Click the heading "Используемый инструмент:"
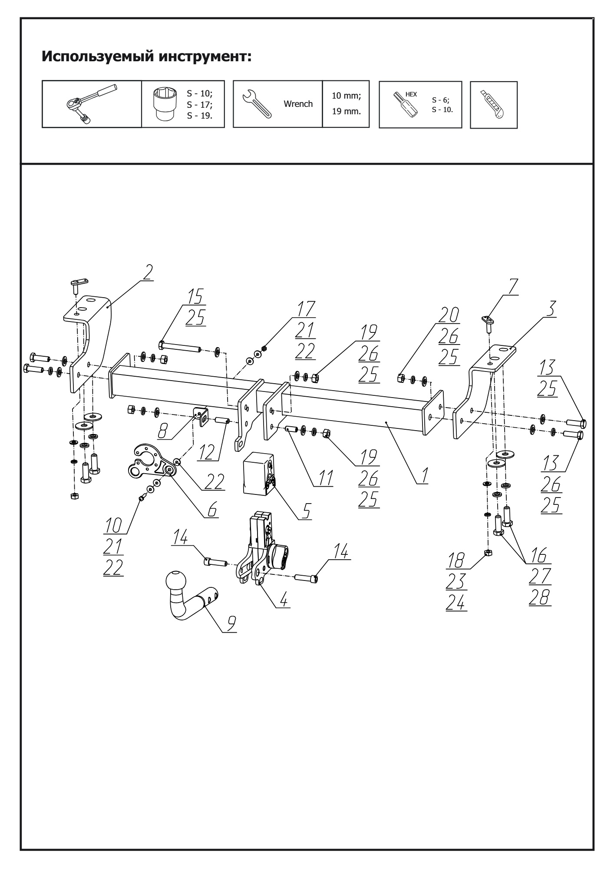click(146, 57)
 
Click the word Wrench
click(298, 104)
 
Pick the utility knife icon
click(493, 104)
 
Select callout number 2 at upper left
click(148, 272)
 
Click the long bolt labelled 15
click(180, 346)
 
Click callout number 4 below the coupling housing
click(283, 600)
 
